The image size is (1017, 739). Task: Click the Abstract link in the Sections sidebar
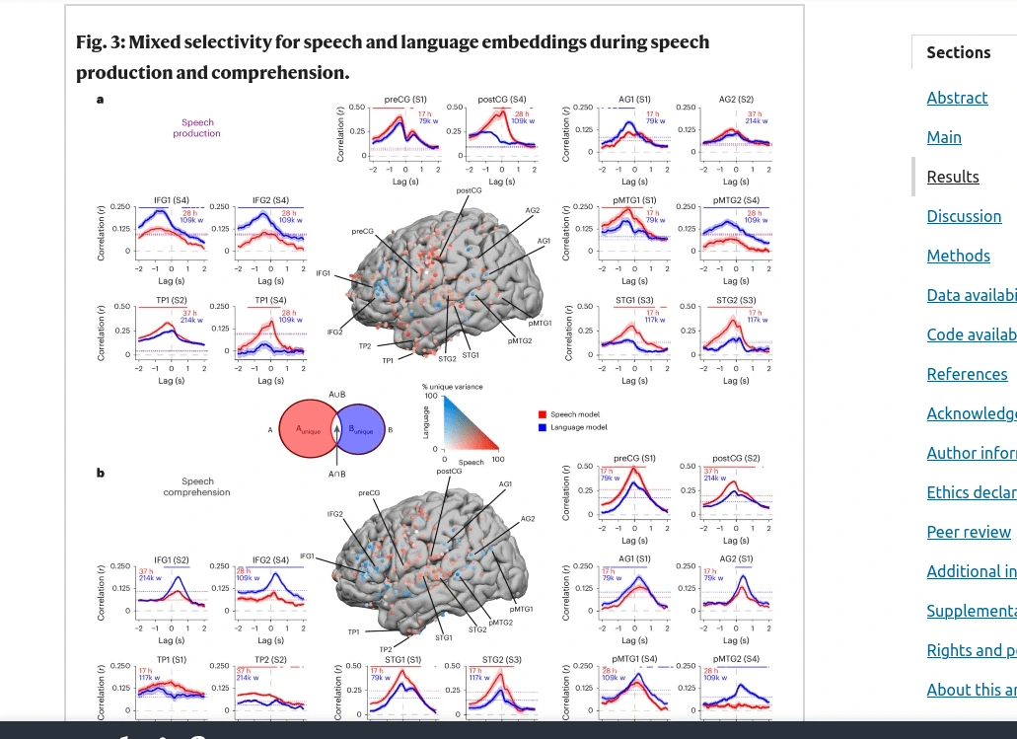point(957,98)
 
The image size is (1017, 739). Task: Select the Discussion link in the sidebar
point(964,216)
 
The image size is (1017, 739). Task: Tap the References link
point(967,374)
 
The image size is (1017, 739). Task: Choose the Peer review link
point(969,532)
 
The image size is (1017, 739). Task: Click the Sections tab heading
point(958,52)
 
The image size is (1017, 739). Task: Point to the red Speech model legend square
point(543,415)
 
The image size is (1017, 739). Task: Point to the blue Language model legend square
point(543,427)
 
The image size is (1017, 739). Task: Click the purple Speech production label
point(197,128)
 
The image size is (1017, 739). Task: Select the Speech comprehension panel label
point(197,486)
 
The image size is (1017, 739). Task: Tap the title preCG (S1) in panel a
point(405,100)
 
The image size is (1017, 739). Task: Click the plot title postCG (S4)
point(502,100)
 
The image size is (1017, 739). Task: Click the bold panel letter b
point(100,473)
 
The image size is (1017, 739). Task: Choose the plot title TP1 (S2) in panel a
point(166,300)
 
